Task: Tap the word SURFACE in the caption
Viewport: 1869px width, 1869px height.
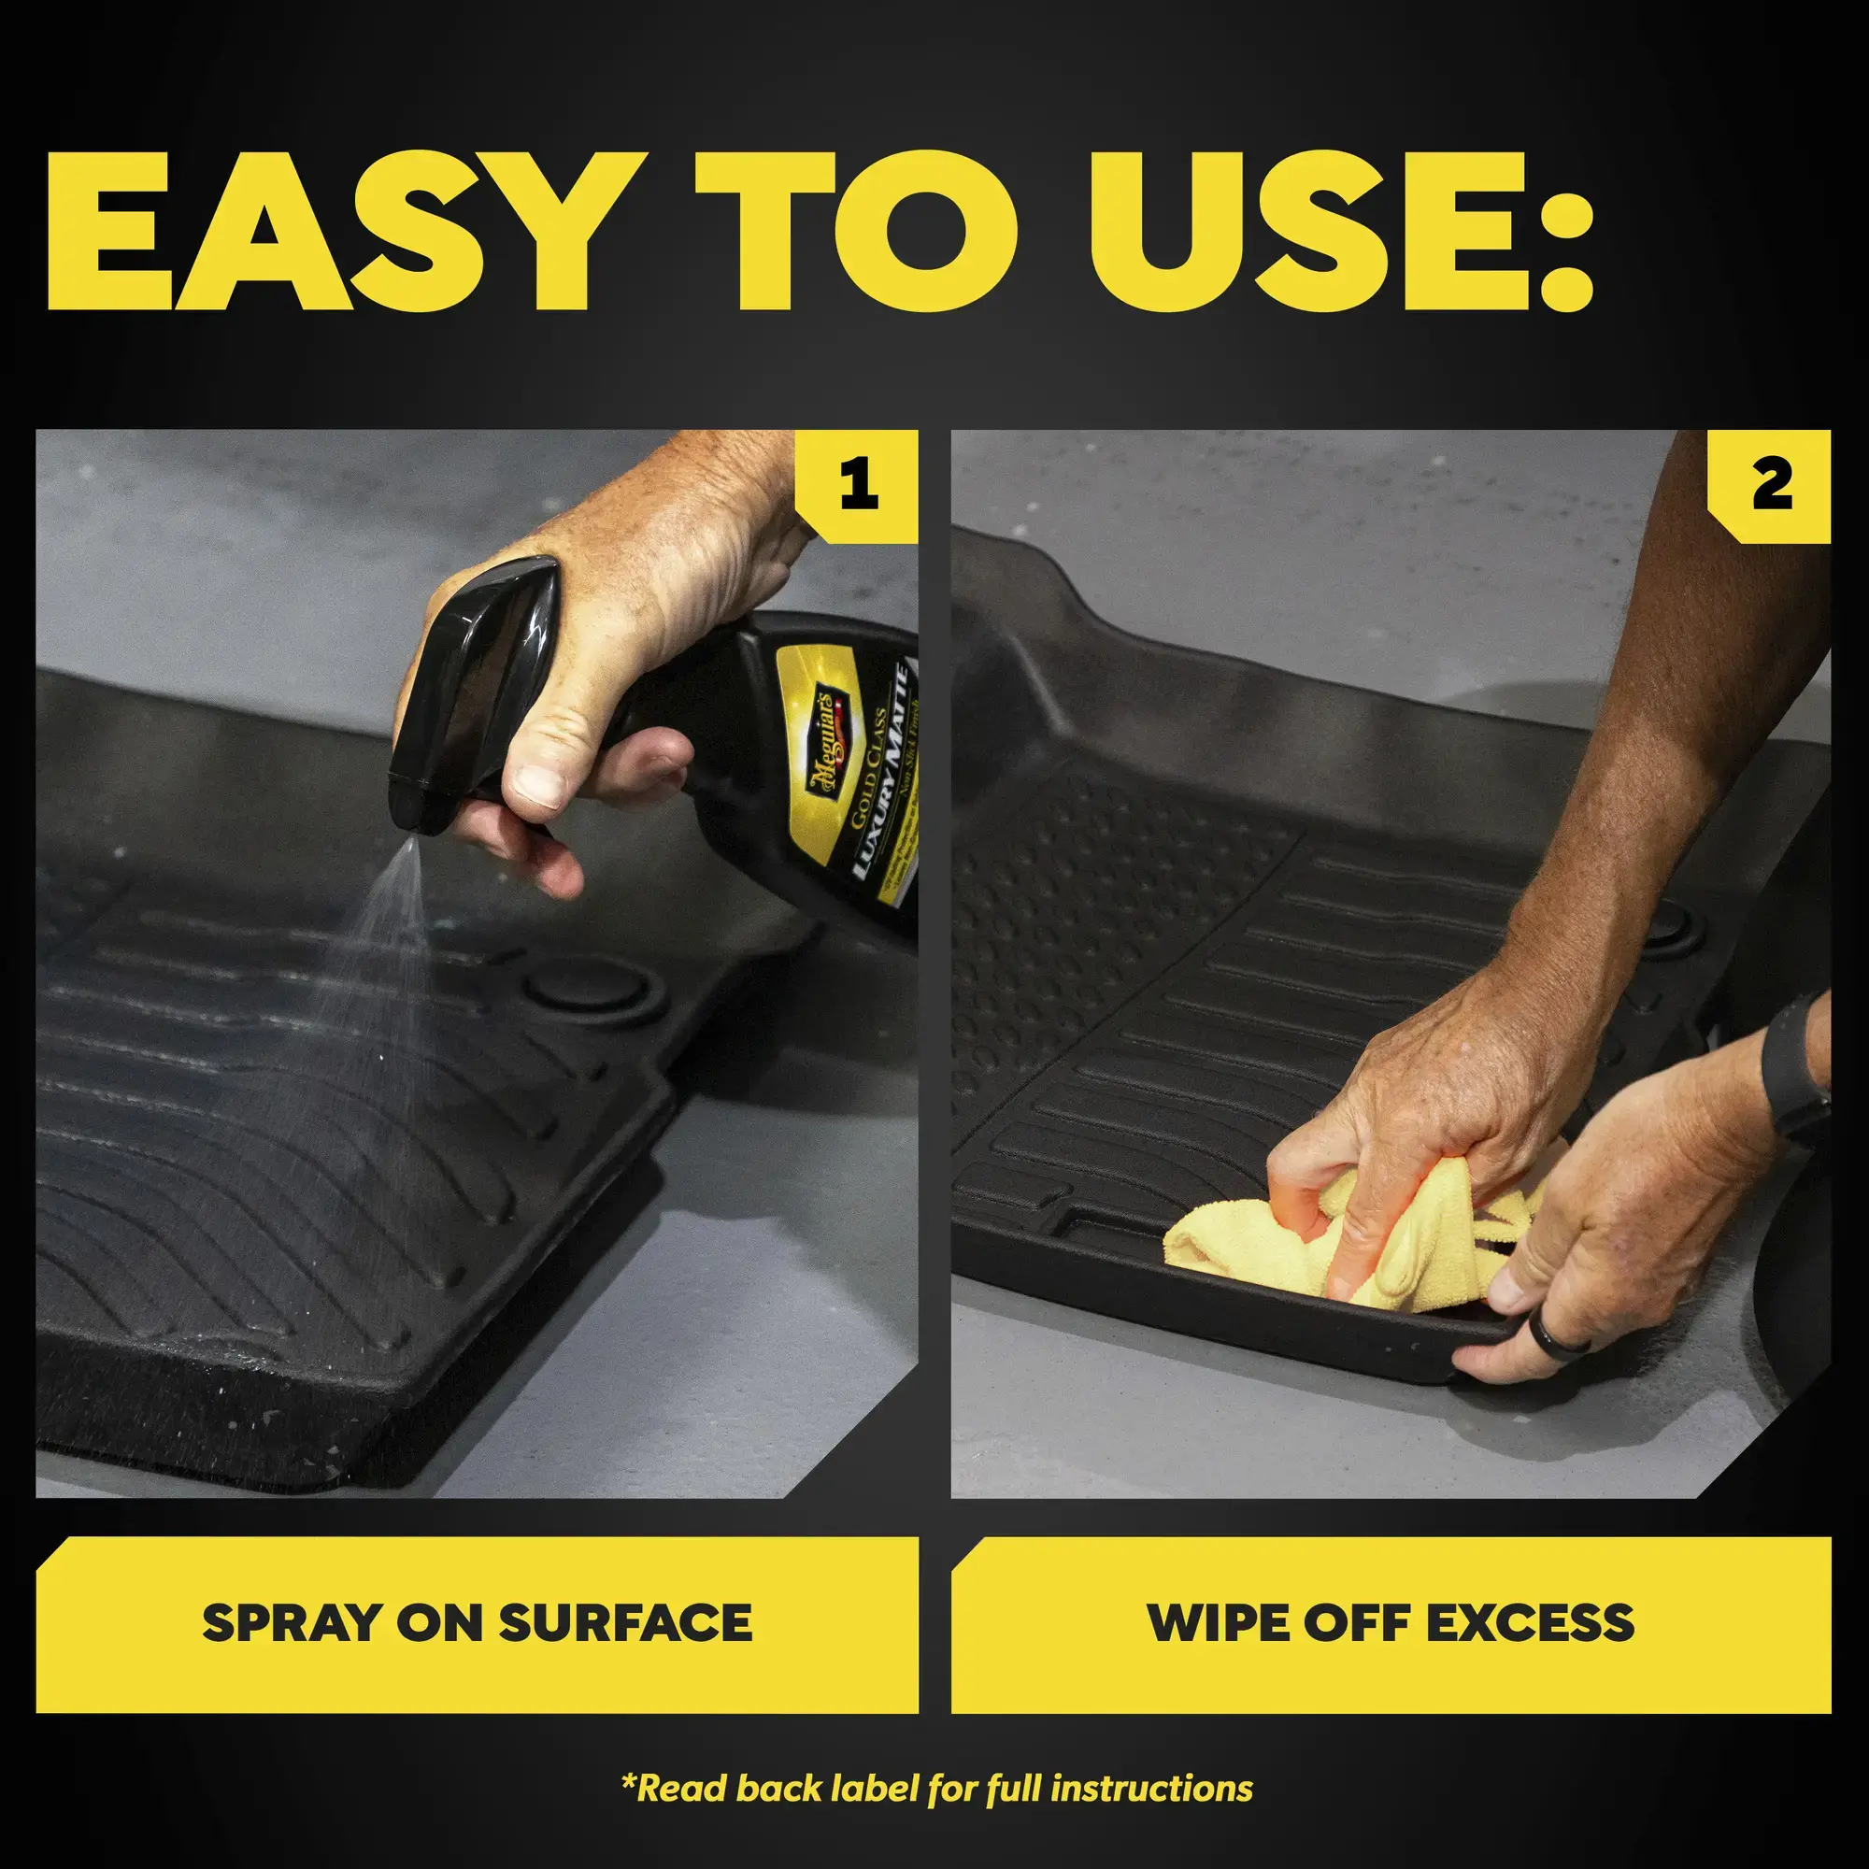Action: [x=625, y=1623]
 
